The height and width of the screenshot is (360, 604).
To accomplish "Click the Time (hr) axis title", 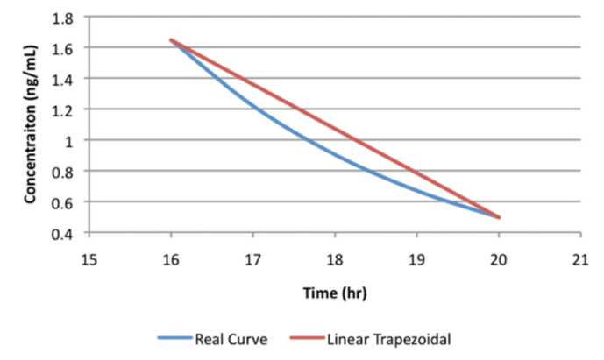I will click(335, 294).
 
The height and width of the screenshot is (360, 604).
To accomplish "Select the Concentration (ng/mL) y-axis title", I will click(30, 124).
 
